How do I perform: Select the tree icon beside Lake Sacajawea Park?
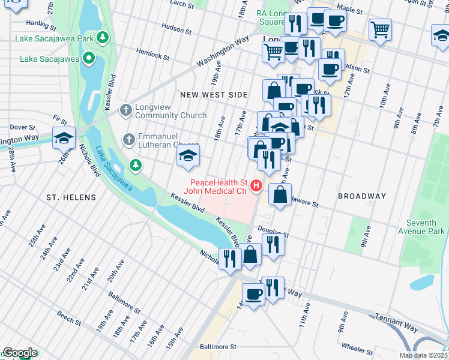click(103, 38)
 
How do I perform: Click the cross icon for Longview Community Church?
click(126, 110)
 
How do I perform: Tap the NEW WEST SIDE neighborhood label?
click(213, 95)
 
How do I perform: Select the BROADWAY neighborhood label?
click(362, 196)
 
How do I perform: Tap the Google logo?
click(19, 353)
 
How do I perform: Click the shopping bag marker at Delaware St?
click(280, 194)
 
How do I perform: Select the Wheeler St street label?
click(357, 347)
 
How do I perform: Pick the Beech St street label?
click(69, 317)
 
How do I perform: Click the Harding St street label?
click(41, 25)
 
